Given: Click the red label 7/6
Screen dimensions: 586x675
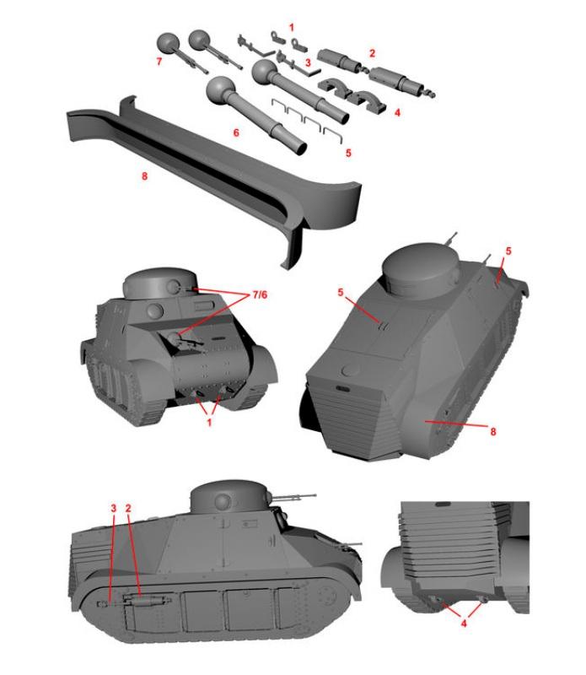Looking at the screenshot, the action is [260, 294].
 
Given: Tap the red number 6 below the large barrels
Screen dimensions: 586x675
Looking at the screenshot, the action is [236, 132].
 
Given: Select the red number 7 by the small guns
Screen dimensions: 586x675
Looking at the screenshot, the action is [159, 62].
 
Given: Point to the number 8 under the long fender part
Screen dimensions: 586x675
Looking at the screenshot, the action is [144, 175].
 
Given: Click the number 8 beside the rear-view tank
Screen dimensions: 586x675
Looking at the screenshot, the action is [493, 431].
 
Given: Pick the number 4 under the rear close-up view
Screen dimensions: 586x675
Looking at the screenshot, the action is [464, 623].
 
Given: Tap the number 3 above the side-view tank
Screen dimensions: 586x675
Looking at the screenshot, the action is [114, 509].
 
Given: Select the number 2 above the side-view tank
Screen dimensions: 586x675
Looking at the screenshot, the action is [128, 509].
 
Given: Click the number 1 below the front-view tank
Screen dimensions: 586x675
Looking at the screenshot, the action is [209, 423].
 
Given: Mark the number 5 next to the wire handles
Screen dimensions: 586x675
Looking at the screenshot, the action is [348, 153].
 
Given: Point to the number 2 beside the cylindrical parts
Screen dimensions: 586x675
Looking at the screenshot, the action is [372, 53].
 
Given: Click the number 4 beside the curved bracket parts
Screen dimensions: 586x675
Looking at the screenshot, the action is [397, 112].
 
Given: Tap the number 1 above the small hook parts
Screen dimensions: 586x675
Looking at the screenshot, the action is [292, 28].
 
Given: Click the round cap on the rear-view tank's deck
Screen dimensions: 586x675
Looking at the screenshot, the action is [351, 370].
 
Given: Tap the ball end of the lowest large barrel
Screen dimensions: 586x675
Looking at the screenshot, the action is [222, 90].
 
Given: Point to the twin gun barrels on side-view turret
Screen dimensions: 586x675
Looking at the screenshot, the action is [295, 498].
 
